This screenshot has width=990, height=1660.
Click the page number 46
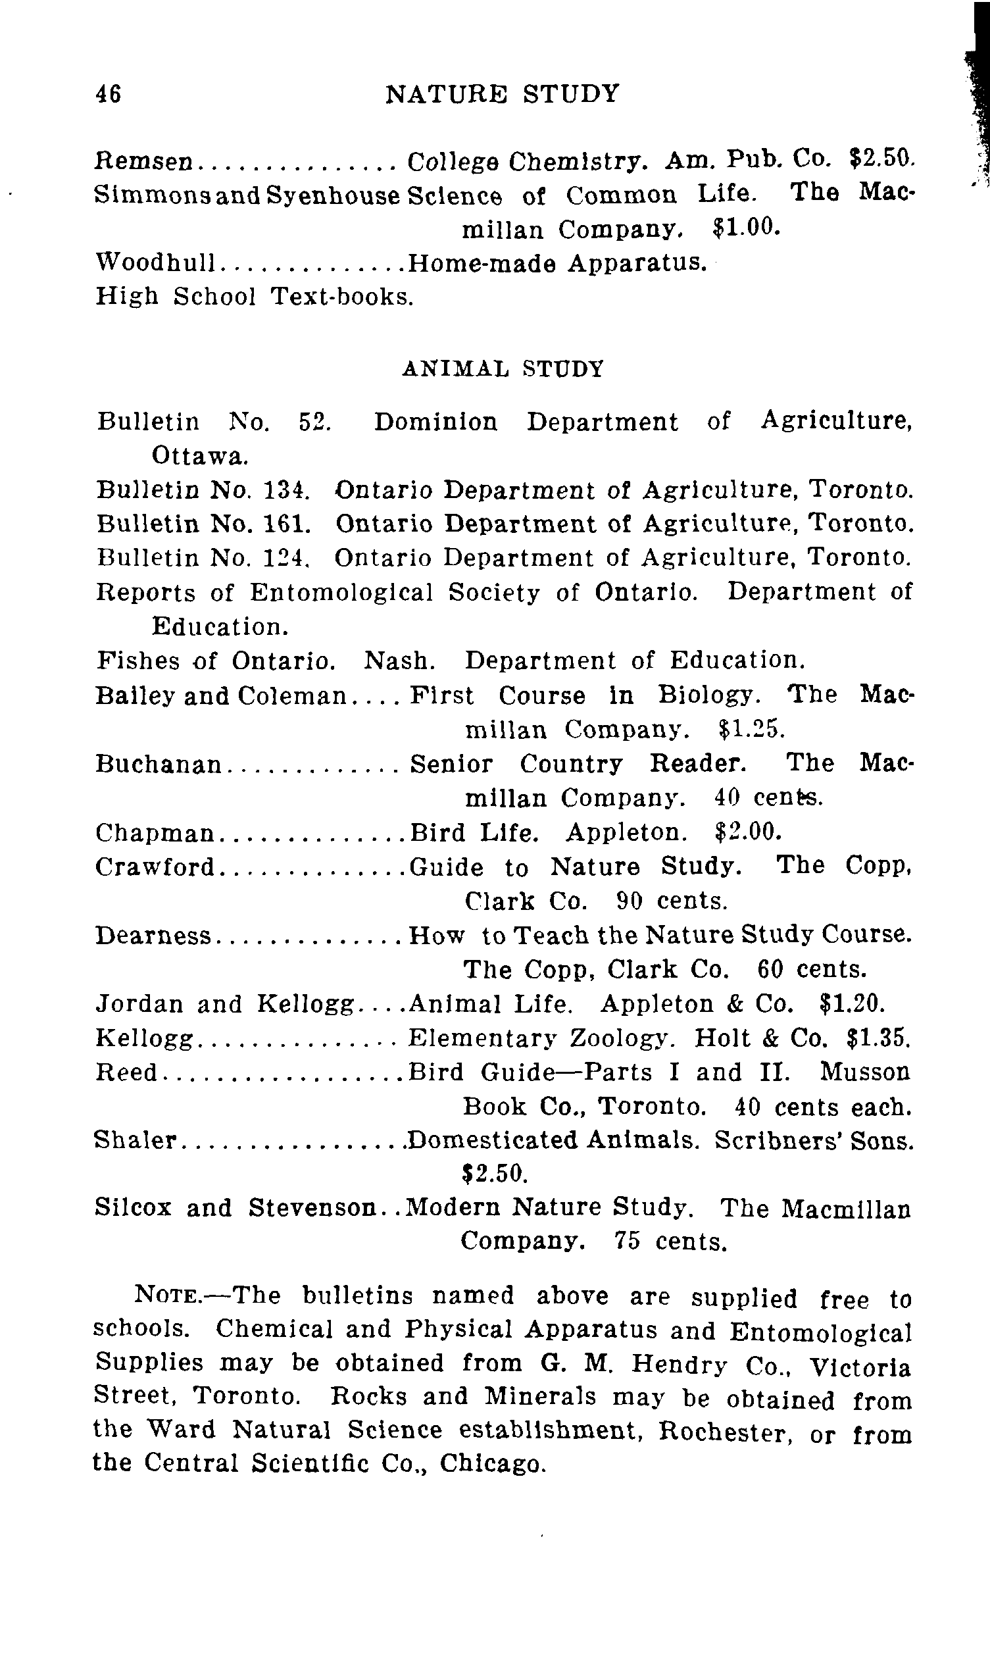pyautogui.click(x=108, y=94)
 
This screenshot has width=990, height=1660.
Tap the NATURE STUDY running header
pyautogui.click(x=503, y=94)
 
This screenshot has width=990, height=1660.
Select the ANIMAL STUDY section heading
pyautogui.click(x=503, y=369)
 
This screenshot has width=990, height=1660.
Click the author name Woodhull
pyautogui.click(x=155, y=263)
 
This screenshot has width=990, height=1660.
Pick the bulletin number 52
pyautogui.click(x=314, y=422)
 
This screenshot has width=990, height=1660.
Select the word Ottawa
pyautogui.click(x=200, y=457)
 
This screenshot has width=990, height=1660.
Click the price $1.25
pyautogui.click(x=752, y=729)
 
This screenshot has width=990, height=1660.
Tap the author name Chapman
pyautogui.click(x=155, y=834)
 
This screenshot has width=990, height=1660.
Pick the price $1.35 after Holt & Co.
pyautogui.click(x=878, y=1038)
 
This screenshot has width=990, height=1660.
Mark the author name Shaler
pyautogui.click(x=135, y=1140)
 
